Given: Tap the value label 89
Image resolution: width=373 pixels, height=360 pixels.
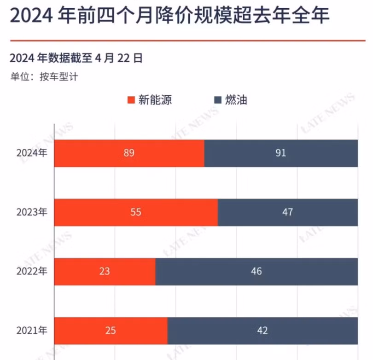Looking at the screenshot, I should (129, 153).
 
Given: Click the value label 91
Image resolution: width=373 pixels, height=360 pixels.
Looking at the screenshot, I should (281, 153).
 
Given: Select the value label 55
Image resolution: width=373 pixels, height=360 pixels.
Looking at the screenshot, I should (136, 212).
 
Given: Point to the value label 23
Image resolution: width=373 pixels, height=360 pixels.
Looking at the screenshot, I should (105, 271).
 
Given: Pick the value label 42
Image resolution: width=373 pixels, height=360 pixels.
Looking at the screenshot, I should (262, 331).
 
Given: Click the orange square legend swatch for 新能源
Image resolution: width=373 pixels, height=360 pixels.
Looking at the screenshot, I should (130, 100).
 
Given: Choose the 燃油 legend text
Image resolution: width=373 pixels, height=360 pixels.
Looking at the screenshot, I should (236, 100).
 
